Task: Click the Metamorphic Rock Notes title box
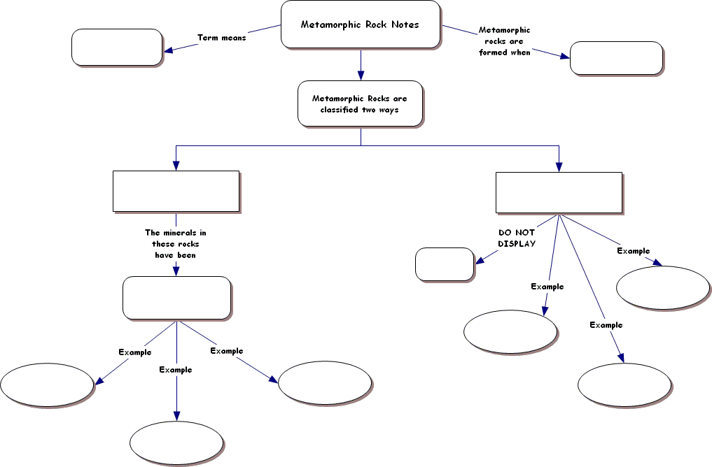coord(361,24)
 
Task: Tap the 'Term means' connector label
coord(222,38)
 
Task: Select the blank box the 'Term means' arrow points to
coord(117,47)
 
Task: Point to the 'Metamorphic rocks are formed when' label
coord(505,41)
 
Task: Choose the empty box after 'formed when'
coord(616,58)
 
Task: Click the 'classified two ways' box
coord(360,104)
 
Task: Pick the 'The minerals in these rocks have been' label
coord(176,244)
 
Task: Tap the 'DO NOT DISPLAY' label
coord(517,238)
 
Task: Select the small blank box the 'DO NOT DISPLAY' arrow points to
coord(445,264)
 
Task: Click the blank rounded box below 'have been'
coord(177,298)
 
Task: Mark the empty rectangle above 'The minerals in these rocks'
coord(176,192)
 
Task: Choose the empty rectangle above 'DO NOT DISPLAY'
coord(559,193)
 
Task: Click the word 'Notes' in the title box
coord(405,24)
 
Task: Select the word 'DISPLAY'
coord(517,244)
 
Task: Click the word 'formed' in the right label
coord(493,52)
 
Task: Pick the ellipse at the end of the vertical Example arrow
coord(176,443)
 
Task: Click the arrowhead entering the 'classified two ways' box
coord(361,76)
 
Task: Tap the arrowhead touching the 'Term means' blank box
coord(169,49)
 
